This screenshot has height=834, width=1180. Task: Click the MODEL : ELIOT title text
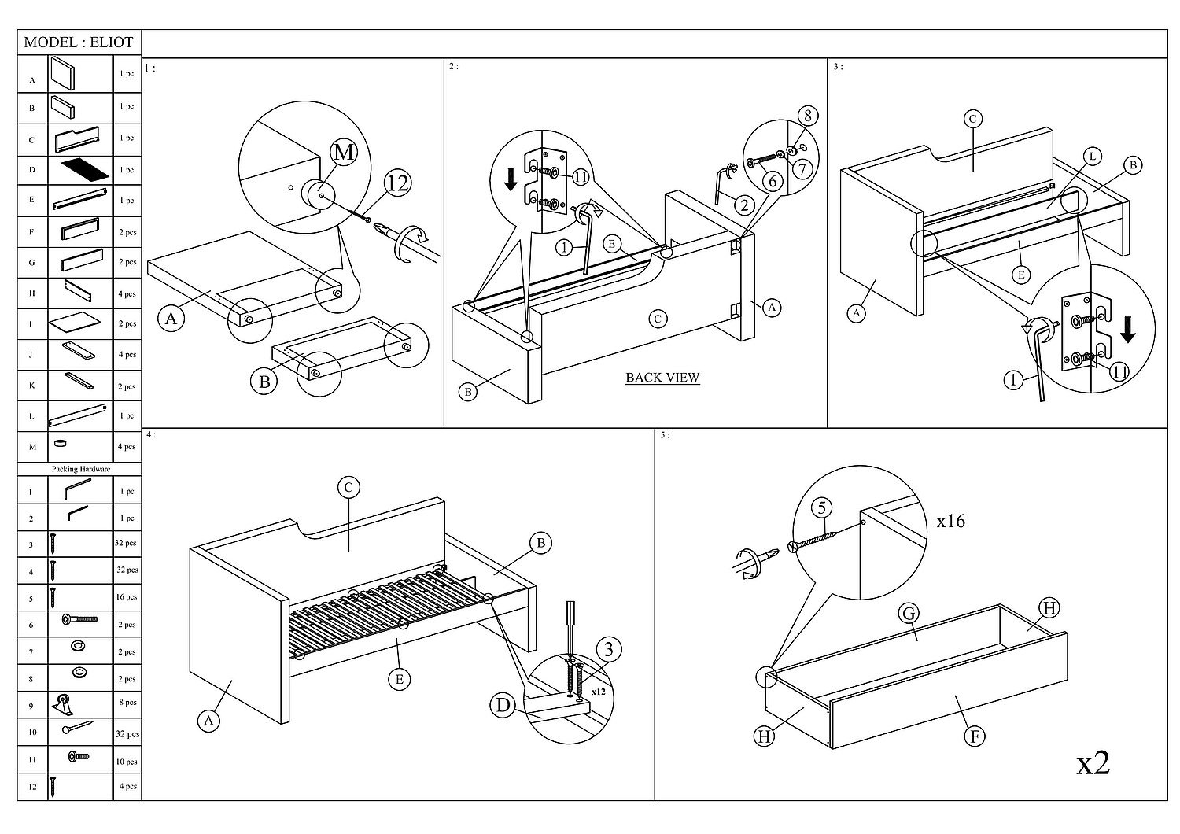[79, 42]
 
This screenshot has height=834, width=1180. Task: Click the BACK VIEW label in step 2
[662, 378]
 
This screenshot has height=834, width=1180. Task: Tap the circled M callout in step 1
[343, 152]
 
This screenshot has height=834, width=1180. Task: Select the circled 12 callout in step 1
[398, 183]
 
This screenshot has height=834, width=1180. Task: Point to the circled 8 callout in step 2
[807, 116]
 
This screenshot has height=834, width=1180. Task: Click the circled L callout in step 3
[1093, 157]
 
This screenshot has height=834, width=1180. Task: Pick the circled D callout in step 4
[503, 705]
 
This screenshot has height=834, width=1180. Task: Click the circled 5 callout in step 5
[822, 507]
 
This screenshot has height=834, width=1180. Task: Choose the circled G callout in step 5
[909, 614]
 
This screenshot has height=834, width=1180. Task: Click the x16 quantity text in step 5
[950, 521]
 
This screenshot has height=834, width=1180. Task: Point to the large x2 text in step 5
[1093, 762]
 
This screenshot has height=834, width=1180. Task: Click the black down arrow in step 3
[1127, 330]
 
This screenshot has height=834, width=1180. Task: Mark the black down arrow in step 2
[511, 179]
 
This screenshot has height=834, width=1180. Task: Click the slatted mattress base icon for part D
[83, 169]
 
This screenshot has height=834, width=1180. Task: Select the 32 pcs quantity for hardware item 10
[127, 734]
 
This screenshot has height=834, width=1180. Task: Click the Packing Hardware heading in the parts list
[81, 469]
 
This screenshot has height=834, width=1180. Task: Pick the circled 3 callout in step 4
[608, 649]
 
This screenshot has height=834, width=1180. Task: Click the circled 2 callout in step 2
[743, 206]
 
